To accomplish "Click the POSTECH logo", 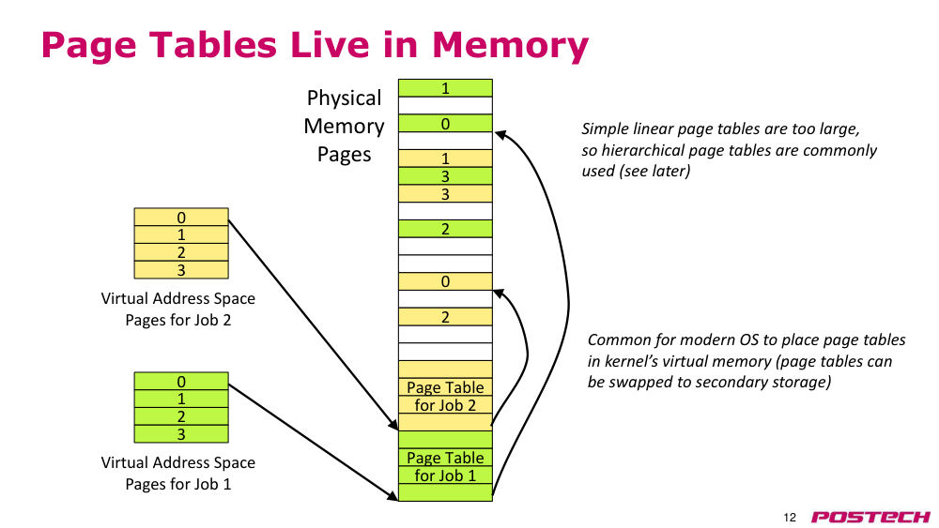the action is pos(870,517).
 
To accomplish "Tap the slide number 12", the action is pos(790,518).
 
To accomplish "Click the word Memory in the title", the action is pos(510,45).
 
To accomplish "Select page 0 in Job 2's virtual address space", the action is pos(181,217).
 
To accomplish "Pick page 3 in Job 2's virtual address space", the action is pos(181,270).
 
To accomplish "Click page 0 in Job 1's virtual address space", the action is pos(181,381).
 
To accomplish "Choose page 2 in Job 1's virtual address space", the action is pos(181,416).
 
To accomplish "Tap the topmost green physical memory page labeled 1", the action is pos(445,88).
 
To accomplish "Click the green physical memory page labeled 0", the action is pos(445,123).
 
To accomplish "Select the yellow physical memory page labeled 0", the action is pos(445,281).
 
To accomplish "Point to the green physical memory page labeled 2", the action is pos(445,229).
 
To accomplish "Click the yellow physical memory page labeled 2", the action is pos(445,316).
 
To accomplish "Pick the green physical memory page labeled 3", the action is pos(445,175).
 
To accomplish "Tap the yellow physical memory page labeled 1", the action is pos(445,158).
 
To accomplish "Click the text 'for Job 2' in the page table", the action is pos(445,405).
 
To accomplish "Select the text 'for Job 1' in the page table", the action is pos(445,476).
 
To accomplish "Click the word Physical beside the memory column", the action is pos(344,98).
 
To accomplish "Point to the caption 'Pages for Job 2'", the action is pos(177,321).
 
